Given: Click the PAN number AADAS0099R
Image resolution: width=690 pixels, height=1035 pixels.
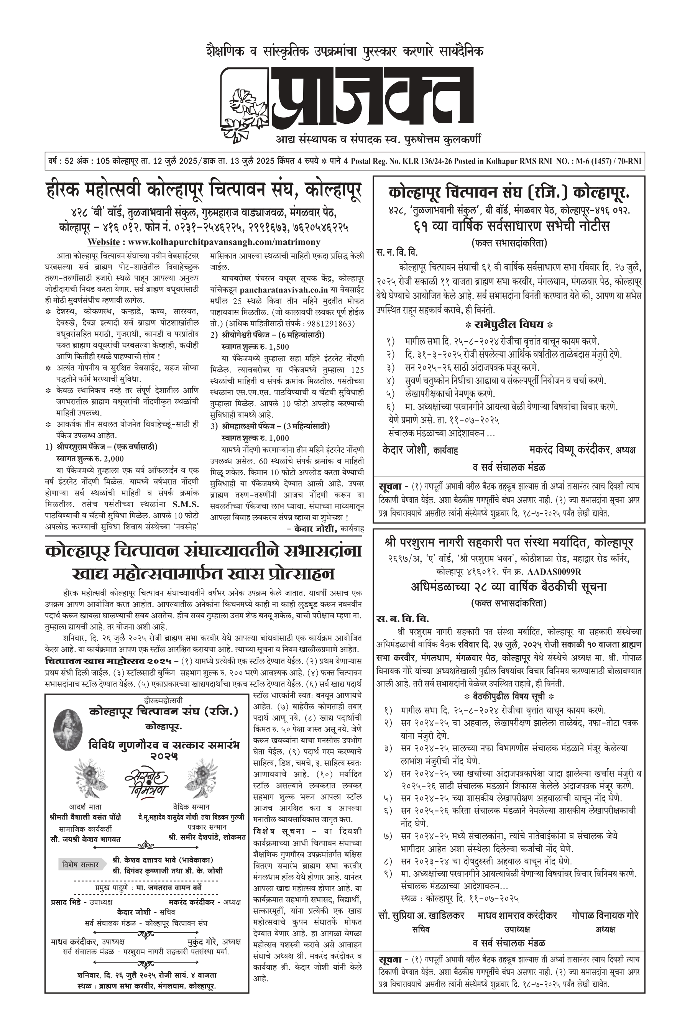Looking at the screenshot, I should click(554, 572).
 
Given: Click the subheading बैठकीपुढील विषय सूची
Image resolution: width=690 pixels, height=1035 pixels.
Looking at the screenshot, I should click(509, 697).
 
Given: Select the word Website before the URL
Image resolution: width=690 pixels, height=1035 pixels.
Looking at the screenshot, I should click(103, 242).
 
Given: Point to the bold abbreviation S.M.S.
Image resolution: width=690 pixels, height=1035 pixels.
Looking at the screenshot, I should click(185, 504).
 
